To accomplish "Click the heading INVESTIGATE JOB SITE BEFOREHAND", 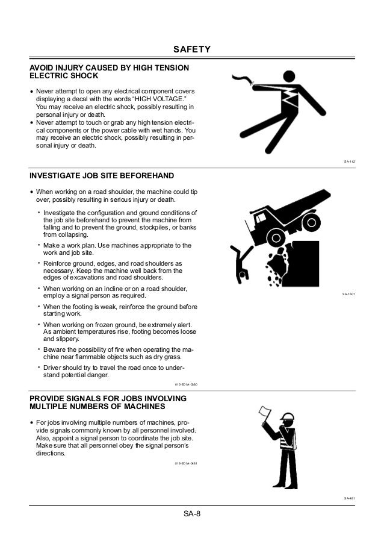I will tap(102, 176).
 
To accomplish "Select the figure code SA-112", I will tap(348, 161).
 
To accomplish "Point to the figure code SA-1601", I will tap(348, 294).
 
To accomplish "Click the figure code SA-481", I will tap(348, 498).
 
